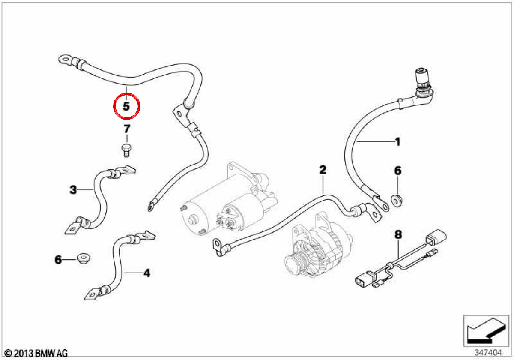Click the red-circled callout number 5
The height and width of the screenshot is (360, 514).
point(126,106)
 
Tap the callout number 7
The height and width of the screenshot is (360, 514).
point(127,129)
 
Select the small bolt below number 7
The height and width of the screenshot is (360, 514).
point(126,150)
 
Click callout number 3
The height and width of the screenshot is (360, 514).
point(73,190)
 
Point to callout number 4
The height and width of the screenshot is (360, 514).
point(146,273)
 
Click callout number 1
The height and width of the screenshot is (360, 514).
point(397,142)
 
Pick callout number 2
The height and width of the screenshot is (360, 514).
point(323,170)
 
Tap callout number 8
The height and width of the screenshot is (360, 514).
point(398,234)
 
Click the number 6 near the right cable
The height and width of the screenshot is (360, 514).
point(398,171)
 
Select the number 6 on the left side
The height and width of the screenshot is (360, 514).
point(58,260)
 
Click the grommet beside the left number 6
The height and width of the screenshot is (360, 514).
point(83,259)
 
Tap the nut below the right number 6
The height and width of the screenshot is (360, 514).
point(396,201)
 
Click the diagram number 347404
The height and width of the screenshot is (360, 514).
point(488,352)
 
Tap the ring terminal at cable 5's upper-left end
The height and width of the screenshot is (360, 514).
point(66,60)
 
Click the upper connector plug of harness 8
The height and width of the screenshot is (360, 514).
point(436,237)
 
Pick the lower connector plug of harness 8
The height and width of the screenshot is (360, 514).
point(364,279)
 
